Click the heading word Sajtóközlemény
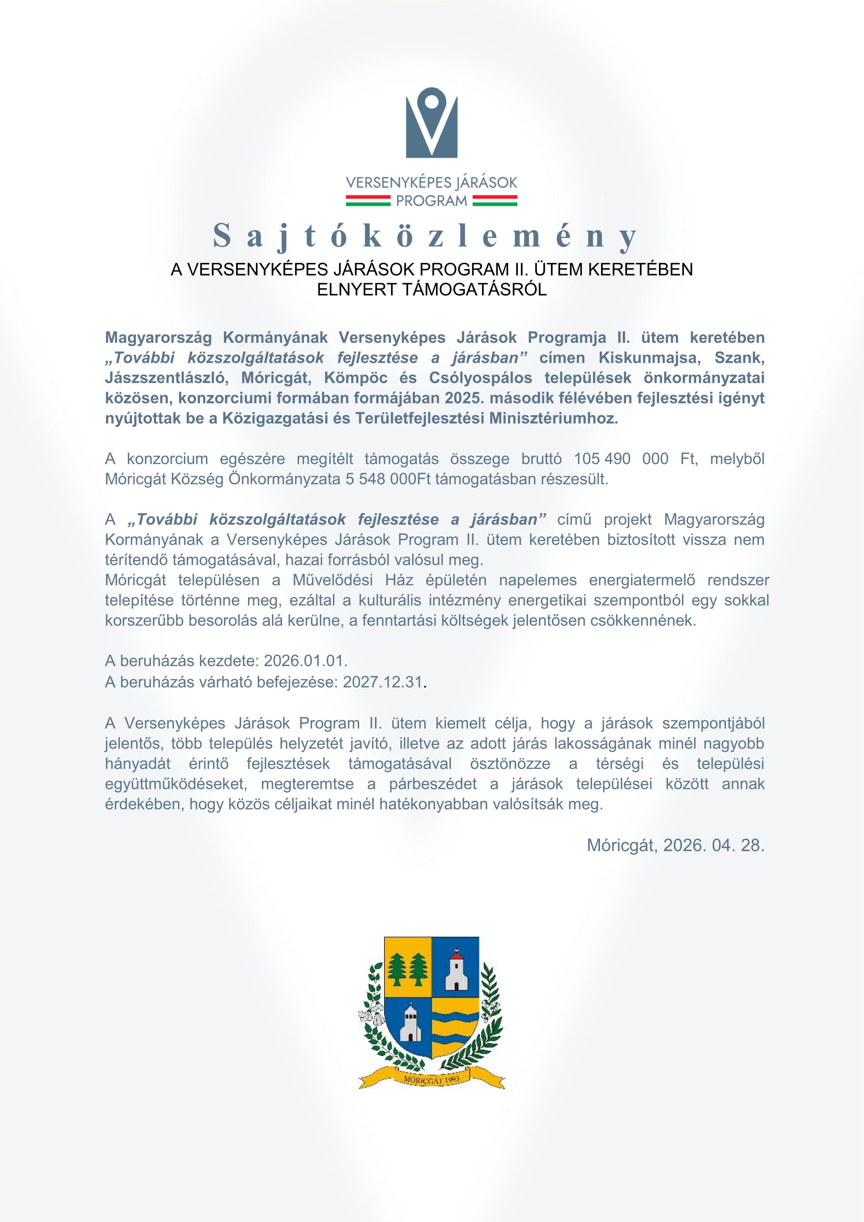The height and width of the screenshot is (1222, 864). [426, 236]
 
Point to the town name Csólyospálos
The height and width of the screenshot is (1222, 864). [481, 378]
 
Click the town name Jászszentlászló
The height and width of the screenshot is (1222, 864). [166, 378]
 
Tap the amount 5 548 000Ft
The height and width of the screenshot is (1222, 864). [388, 479]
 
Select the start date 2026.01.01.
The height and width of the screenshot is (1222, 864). [305, 661]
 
